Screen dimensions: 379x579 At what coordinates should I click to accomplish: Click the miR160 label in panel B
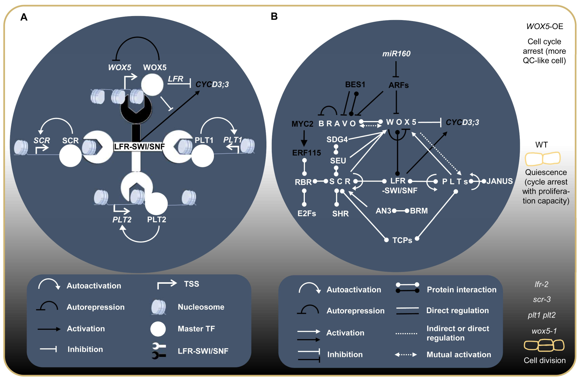396,53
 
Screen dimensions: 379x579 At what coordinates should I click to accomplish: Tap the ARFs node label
398,85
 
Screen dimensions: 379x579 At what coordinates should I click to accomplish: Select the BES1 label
355,85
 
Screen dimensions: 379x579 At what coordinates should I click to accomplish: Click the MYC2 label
302,124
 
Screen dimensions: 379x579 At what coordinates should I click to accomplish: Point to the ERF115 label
307,153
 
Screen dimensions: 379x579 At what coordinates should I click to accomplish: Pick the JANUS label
499,181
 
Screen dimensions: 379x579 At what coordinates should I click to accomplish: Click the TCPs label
402,240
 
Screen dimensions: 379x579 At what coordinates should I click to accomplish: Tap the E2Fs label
307,214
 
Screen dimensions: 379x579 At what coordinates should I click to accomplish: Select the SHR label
340,214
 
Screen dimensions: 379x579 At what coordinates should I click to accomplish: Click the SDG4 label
337,139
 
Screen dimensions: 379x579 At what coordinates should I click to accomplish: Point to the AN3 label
383,211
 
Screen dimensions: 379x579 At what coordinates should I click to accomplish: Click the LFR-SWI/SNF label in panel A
139,147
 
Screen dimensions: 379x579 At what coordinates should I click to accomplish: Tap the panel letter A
24,17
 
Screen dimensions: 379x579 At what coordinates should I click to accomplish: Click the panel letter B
274,16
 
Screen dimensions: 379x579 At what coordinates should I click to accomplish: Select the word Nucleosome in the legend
201,307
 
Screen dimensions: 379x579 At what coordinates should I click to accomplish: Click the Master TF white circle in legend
158,329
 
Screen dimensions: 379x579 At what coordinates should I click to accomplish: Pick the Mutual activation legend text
459,355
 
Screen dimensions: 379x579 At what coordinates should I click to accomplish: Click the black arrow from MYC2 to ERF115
304,138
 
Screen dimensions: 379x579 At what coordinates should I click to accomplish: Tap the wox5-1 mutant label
544,331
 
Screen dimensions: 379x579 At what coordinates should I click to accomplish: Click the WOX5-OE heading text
545,26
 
